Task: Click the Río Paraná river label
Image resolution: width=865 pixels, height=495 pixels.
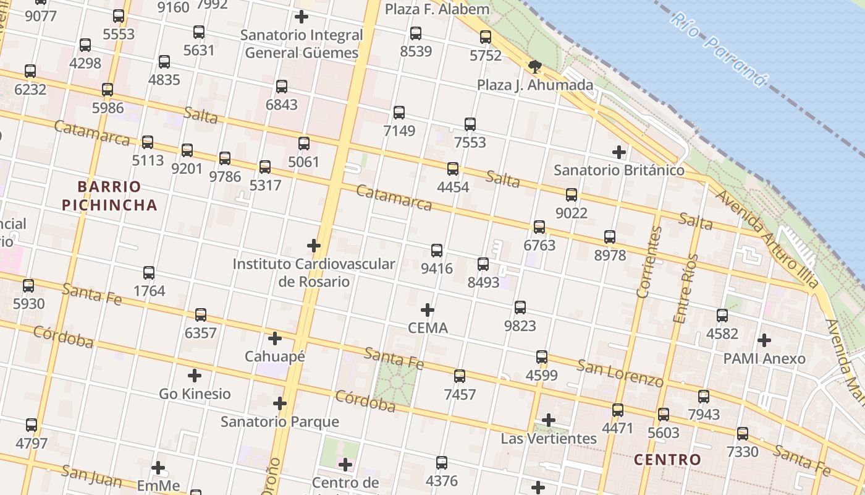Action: (719, 49)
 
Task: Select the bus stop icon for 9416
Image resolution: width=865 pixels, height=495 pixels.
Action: (437, 251)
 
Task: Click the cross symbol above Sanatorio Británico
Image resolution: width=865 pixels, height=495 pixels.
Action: (618, 152)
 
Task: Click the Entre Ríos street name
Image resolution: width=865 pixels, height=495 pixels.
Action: (686, 288)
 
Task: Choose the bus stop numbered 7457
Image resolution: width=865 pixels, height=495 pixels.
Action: (460, 376)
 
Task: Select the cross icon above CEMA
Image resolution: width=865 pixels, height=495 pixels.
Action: (428, 310)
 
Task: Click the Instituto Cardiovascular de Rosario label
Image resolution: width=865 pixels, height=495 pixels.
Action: (314, 272)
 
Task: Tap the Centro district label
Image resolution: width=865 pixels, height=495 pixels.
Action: (667, 460)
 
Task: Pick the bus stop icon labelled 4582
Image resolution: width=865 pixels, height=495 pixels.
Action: (722, 316)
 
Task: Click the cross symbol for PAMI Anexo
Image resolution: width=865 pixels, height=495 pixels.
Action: (764, 340)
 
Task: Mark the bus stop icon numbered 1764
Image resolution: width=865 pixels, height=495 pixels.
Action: (149, 273)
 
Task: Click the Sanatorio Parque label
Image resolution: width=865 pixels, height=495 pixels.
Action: (280, 422)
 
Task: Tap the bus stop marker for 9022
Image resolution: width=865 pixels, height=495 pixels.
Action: (572, 195)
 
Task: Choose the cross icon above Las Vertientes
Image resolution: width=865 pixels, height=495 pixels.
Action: (548, 421)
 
